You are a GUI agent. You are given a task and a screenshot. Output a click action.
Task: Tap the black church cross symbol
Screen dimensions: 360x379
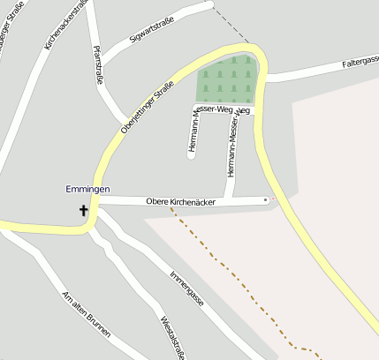pos(85,210)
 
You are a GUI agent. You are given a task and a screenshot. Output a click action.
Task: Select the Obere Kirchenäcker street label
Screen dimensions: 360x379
pos(180,202)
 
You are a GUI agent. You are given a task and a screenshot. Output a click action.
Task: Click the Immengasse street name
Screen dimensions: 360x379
pos(186,288)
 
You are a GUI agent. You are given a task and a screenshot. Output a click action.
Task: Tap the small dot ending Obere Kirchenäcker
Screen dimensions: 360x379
pos(265,200)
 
